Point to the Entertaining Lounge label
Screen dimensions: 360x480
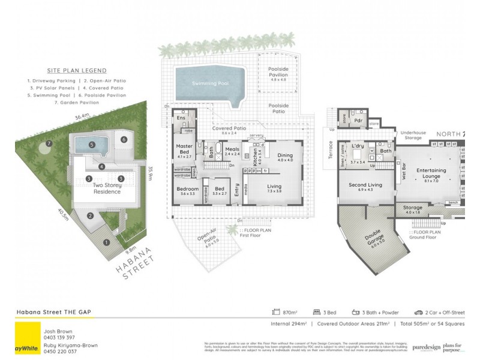(431, 173)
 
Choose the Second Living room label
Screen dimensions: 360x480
(365, 186)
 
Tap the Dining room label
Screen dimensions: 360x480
(285, 157)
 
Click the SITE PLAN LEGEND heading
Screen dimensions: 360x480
(77, 70)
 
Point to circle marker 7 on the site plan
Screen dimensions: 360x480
(47, 144)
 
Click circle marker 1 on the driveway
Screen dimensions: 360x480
(107, 242)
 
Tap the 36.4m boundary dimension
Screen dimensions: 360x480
(82, 115)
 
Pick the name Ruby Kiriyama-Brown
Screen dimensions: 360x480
(70, 345)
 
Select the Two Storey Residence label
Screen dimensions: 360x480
(107, 188)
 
